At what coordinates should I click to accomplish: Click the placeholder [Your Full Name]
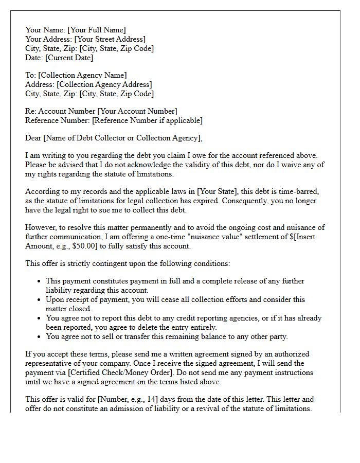click(96, 30)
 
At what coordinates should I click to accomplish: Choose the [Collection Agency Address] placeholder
click(104, 84)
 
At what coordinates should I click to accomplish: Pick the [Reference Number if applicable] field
click(147, 120)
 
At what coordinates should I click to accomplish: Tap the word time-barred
click(307, 191)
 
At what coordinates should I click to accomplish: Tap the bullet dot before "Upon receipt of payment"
click(40, 299)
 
